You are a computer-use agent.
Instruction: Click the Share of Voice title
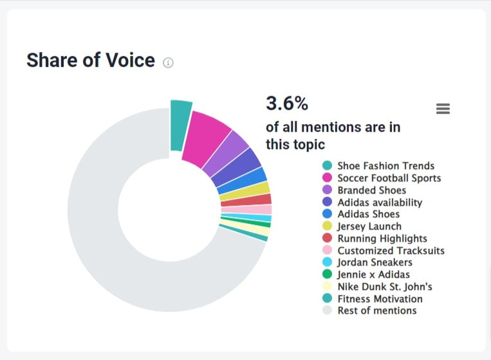click(90, 60)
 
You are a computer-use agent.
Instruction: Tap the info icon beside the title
click(168, 62)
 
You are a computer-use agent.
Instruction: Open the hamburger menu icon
click(443, 109)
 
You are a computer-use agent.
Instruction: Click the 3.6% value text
click(287, 103)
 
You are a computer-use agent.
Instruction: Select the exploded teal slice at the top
click(180, 125)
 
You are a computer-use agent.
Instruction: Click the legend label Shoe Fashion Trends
click(385, 166)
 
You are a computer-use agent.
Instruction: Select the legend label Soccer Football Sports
click(389, 178)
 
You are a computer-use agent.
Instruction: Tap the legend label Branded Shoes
click(371, 190)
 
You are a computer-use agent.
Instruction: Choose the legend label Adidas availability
click(380, 203)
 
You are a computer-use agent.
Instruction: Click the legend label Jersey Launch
click(369, 226)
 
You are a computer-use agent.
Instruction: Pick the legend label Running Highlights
click(382, 239)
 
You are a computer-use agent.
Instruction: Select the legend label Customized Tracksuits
click(391, 251)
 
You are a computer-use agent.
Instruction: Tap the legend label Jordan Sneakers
click(375, 262)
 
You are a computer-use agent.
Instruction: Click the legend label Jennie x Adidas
click(373, 274)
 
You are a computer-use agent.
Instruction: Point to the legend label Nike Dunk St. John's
click(384, 287)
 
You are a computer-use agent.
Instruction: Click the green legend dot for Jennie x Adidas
click(328, 274)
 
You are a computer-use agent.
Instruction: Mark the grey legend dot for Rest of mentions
click(328, 311)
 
